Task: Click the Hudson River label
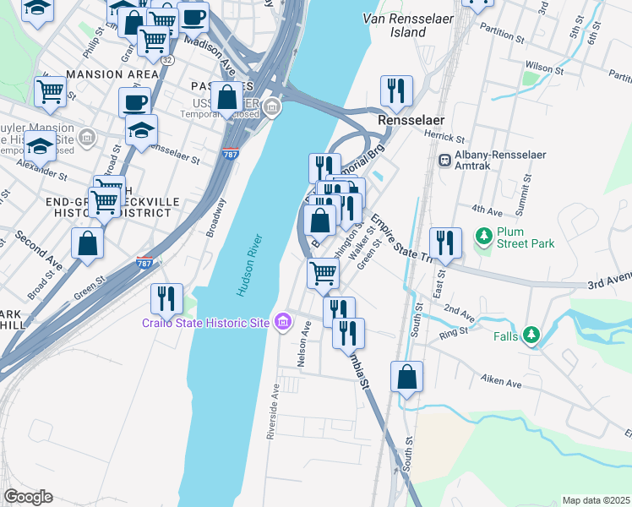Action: [x=247, y=262]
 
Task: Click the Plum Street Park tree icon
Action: [x=484, y=236]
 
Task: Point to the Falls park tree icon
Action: [x=531, y=335]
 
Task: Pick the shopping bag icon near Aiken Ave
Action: [x=406, y=377]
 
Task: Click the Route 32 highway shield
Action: [x=167, y=60]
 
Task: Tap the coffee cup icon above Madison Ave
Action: [x=193, y=17]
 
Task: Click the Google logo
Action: [x=28, y=497]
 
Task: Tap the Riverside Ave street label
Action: [x=273, y=412]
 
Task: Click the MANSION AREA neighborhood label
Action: [x=112, y=74]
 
